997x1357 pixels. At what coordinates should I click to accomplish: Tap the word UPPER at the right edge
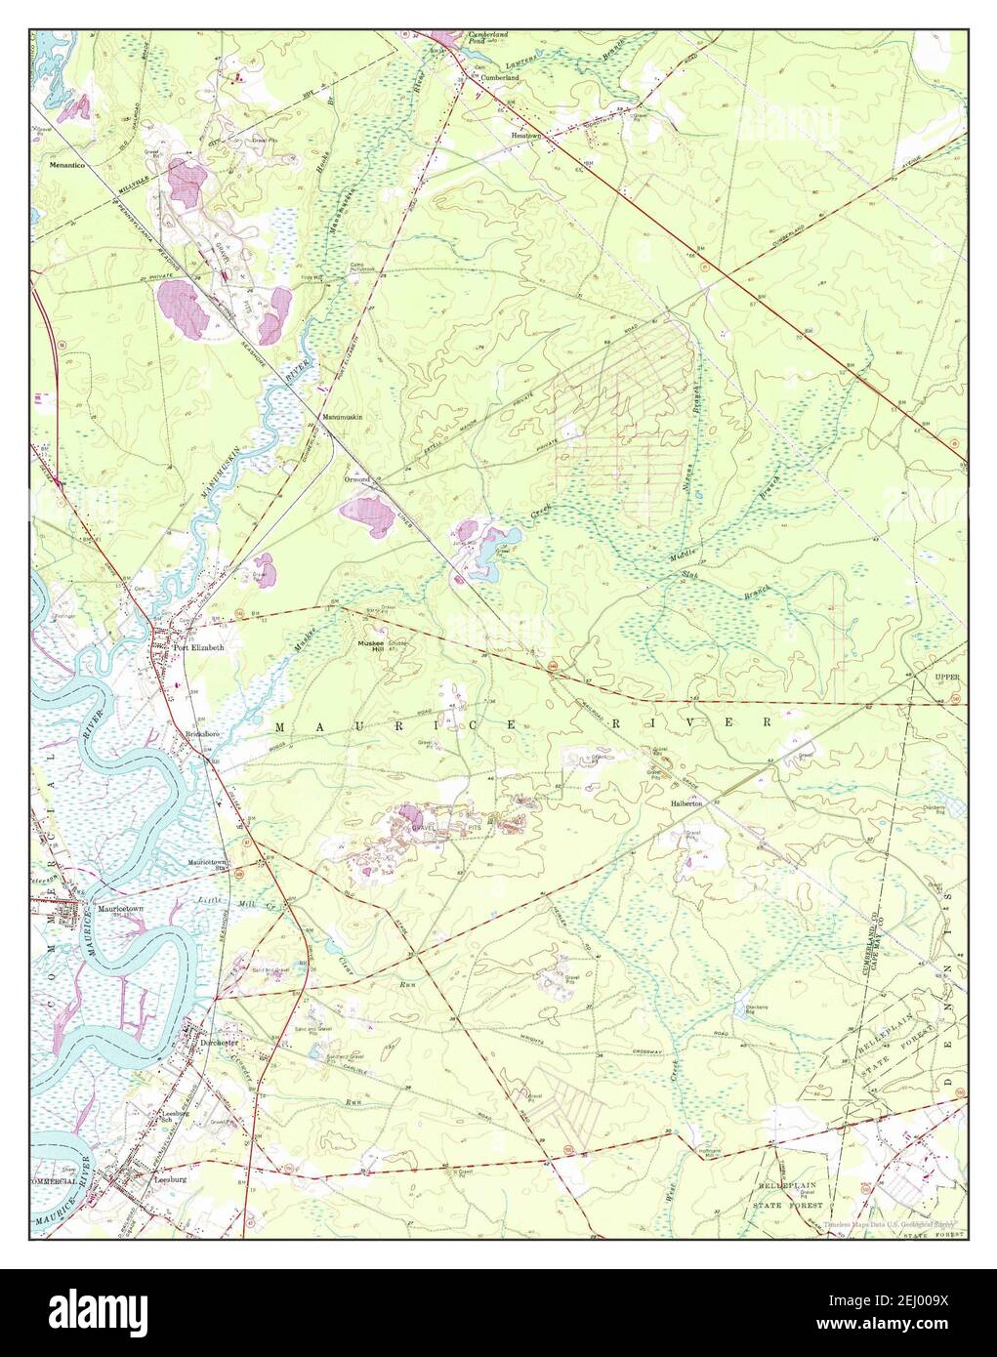pyautogui.click(x=948, y=676)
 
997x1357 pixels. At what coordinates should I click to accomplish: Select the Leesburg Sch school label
pyautogui.click(x=174, y=1115)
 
